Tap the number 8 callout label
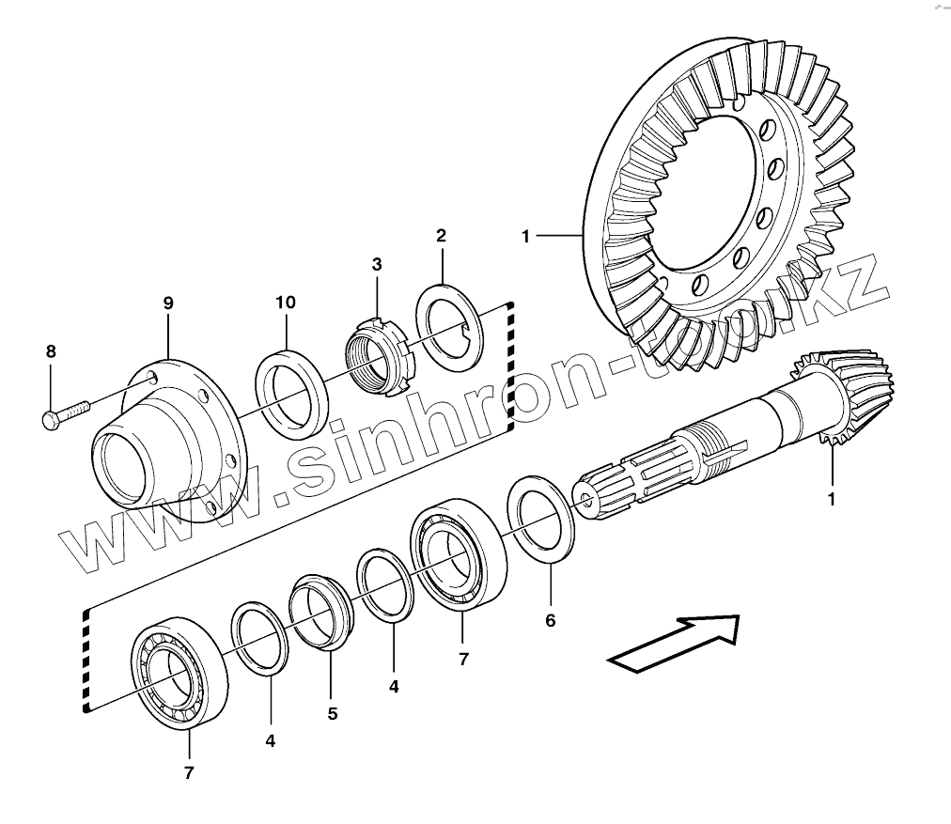(x=51, y=351)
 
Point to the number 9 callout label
(x=168, y=303)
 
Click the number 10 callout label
(x=286, y=303)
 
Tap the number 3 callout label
(x=376, y=264)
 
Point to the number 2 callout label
(x=441, y=235)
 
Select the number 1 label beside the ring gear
(x=526, y=235)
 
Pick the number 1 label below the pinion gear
(x=831, y=499)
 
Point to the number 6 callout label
(x=551, y=621)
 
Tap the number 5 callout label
(x=333, y=714)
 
